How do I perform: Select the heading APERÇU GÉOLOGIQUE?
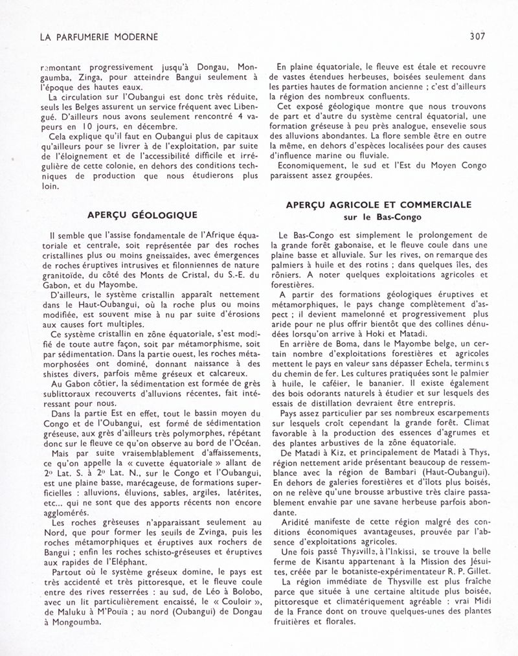[x=142, y=214]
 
